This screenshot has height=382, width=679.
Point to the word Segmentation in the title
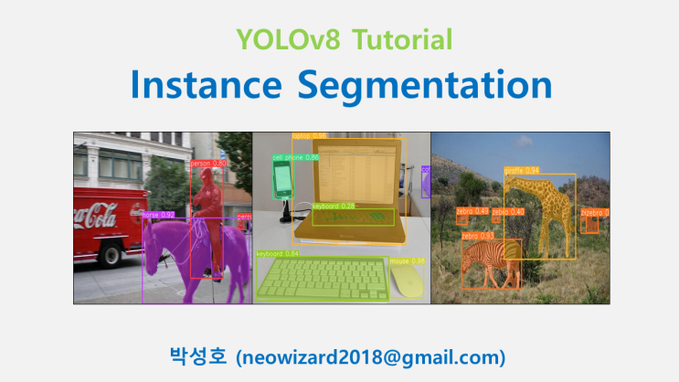[x=423, y=87]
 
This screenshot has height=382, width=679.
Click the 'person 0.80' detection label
[x=208, y=164]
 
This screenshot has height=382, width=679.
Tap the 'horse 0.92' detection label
[x=159, y=216]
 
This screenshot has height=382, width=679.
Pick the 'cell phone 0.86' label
[x=295, y=157]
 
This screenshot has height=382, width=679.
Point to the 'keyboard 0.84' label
[x=278, y=253]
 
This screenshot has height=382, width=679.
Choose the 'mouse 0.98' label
[x=406, y=260]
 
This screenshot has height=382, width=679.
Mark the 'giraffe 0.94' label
[x=521, y=170]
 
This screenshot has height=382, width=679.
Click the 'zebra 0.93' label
[x=477, y=236]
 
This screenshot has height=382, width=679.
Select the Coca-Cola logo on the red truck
[x=95, y=217]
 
